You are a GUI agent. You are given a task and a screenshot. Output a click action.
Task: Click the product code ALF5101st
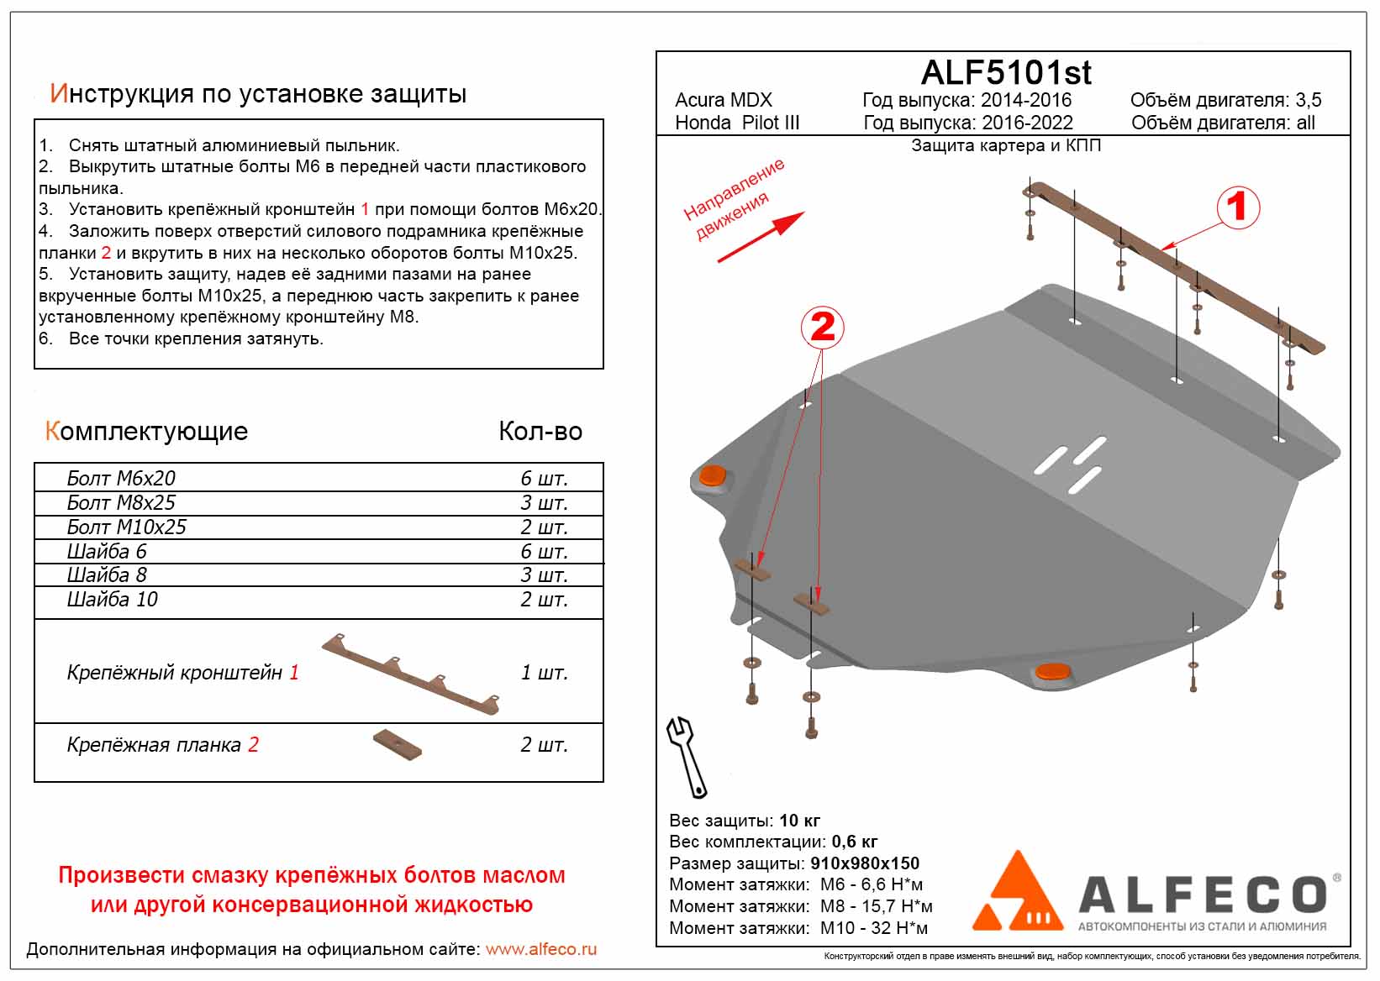(x=1005, y=73)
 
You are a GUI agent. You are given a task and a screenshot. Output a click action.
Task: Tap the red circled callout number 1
(x=1236, y=207)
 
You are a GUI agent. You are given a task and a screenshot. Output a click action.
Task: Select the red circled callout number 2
(x=822, y=327)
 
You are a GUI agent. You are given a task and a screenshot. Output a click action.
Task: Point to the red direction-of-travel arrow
(x=761, y=237)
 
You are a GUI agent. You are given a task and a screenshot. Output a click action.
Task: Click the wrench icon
(x=687, y=756)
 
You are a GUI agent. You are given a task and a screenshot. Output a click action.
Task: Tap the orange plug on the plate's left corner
(x=713, y=475)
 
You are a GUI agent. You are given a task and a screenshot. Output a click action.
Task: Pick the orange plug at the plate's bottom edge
(x=1051, y=671)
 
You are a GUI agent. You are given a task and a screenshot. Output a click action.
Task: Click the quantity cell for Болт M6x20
(x=544, y=479)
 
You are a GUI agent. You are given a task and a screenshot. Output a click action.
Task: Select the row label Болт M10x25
(x=126, y=527)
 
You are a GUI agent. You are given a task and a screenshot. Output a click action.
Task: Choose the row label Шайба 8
(x=107, y=575)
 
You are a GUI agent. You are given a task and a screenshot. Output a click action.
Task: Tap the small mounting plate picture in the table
(x=398, y=745)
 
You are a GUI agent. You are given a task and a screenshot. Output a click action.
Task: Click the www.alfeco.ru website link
(x=541, y=949)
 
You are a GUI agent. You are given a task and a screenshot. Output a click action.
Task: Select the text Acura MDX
(x=723, y=100)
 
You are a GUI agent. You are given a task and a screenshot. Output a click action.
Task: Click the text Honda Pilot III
(x=737, y=123)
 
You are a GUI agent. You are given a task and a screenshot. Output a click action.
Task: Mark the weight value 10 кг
(x=799, y=821)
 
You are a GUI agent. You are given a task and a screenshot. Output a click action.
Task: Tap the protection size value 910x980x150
(x=865, y=863)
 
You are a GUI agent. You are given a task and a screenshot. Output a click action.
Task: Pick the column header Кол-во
(x=540, y=432)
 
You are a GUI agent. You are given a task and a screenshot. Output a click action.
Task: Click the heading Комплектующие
(x=146, y=432)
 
